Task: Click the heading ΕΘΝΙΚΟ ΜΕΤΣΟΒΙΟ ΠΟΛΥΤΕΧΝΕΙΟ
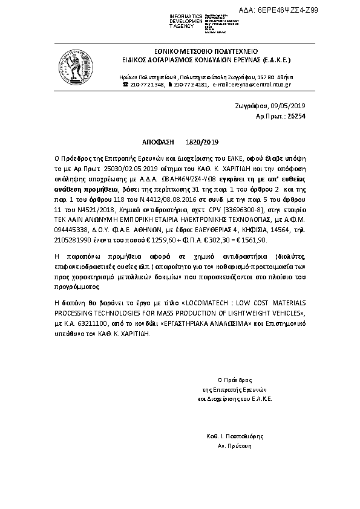[206, 52]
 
